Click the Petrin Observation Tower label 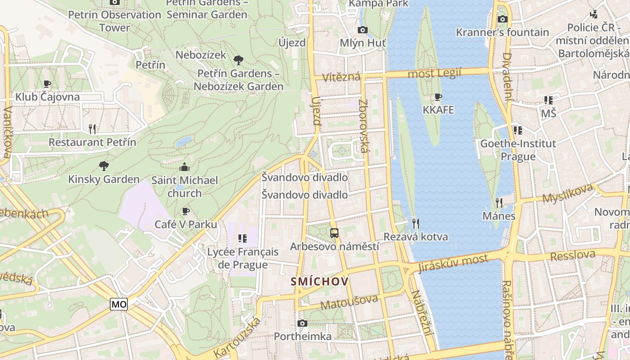(x=114, y=21)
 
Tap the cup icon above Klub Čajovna (x=47, y=84)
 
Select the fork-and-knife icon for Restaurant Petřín (x=92, y=129)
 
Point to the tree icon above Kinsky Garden (x=104, y=166)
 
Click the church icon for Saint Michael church (x=184, y=167)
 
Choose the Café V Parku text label (x=186, y=224)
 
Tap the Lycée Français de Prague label (x=243, y=258)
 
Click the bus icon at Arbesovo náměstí (x=334, y=233)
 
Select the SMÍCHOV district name (x=319, y=282)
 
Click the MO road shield (x=119, y=304)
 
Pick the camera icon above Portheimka (x=302, y=323)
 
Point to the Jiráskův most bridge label (x=453, y=264)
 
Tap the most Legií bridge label (x=434, y=73)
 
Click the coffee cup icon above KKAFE (x=438, y=97)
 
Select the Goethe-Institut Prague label (x=518, y=150)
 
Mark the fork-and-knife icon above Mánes (x=499, y=202)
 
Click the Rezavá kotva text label (x=415, y=237)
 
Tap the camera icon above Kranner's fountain (x=503, y=19)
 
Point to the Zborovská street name (x=364, y=126)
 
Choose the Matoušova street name (x=349, y=302)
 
